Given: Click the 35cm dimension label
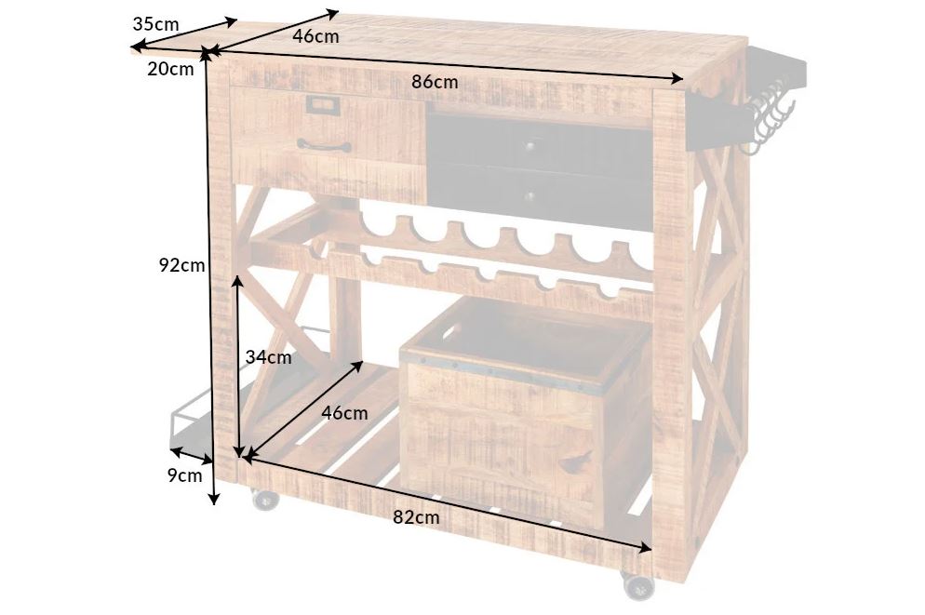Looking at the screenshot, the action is click(155, 24).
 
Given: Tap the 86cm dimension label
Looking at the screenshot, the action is click(435, 82).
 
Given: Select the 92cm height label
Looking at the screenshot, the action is click(181, 265).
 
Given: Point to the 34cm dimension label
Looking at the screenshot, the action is click(268, 356).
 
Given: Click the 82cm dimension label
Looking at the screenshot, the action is click(417, 517).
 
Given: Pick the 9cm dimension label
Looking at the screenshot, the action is click(184, 475).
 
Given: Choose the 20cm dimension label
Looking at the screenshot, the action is click(170, 69).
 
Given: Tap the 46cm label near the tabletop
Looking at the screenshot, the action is click(316, 36).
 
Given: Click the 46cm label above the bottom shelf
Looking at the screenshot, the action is click(344, 413).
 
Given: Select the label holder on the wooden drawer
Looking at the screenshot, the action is click(323, 105).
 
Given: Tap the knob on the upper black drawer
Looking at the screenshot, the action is click(530, 143).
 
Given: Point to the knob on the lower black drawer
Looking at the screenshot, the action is click(530, 196).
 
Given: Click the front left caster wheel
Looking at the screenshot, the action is click(265, 499).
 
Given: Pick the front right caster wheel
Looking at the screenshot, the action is click(637, 584).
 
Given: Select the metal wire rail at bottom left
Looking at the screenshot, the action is click(248, 389).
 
